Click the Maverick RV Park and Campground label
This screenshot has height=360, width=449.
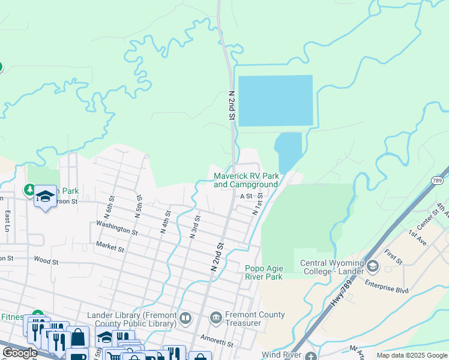click(246, 180)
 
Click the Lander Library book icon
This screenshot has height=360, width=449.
click(186, 318)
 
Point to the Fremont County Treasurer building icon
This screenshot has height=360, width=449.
click(216, 317)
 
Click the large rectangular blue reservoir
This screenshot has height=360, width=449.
click(276, 100)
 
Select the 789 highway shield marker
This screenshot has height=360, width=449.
click(437, 181)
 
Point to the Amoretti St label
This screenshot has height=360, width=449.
click(217, 342)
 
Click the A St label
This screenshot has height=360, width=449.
click(246, 196)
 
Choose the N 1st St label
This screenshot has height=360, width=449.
click(258, 203)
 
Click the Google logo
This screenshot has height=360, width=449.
click(20, 353)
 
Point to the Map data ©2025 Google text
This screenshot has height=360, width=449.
click(411, 355)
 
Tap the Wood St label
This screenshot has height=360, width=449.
click(46, 262)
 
